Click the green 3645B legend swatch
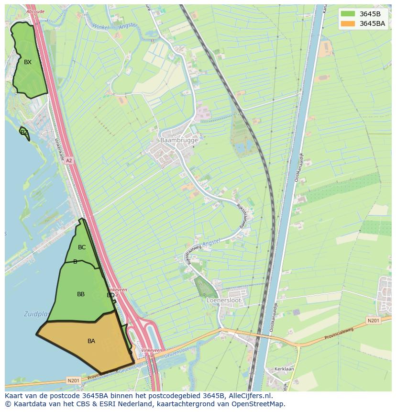[x=348, y=13]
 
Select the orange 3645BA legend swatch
[x=348, y=23]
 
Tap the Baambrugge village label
[x=179, y=140]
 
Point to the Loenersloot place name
[x=224, y=300]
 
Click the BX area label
[x=28, y=62]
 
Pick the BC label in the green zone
[x=82, y=247]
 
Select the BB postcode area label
[x=81, y=294]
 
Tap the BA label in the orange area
[x=91, y=341]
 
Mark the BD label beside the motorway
[x=110, y=295]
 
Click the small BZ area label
[x=24, y=133]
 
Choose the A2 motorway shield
[x=69, y=161]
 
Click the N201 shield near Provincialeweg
[x=374, y=320]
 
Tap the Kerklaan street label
[x=284, y=369]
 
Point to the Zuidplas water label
[x=36, y=314]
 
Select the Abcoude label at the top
[x=35, y=11]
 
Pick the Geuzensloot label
[x=132, y=368]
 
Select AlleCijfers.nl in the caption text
[x=250, y=396]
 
